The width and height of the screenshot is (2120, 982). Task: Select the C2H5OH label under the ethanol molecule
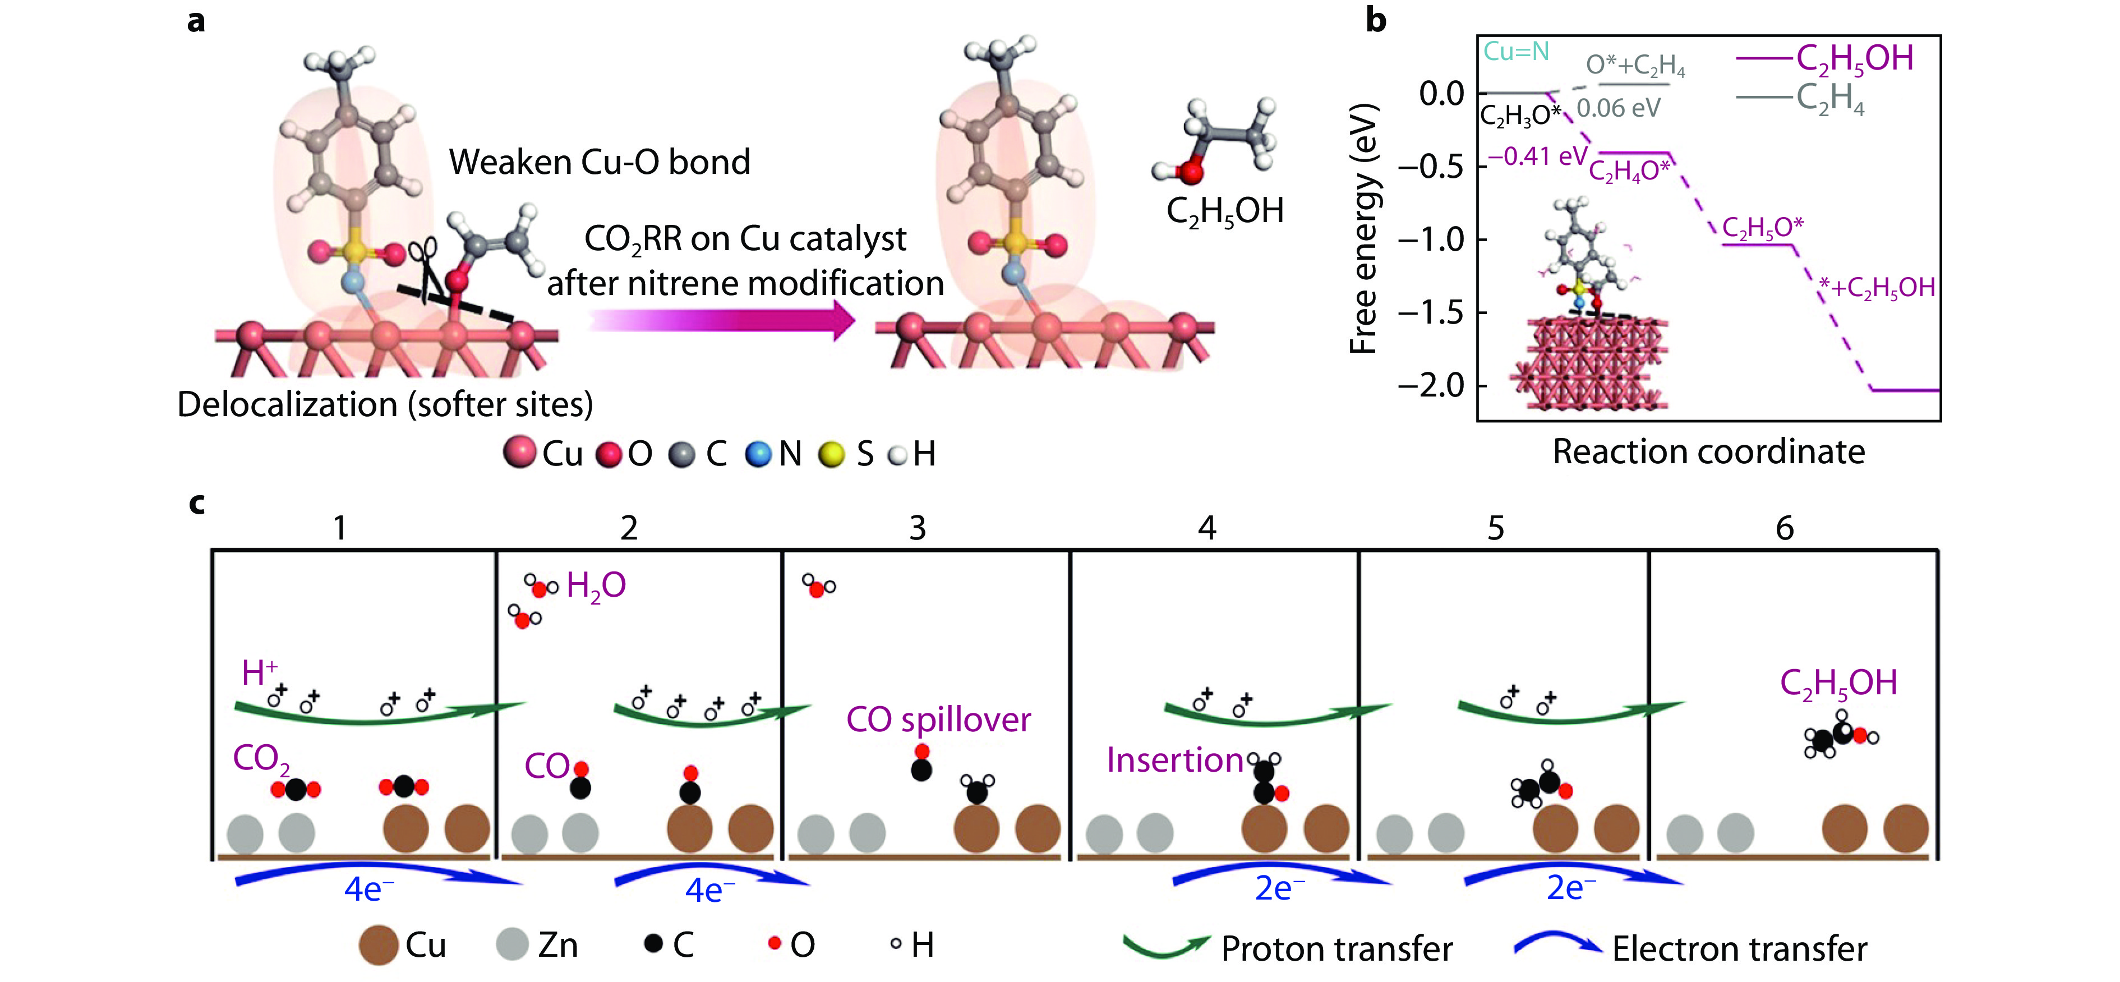pos(1224,211)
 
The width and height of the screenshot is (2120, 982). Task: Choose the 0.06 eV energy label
pos(1618,108)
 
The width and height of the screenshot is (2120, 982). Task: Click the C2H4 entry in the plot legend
pos(1829,98)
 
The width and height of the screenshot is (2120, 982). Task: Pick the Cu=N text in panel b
pos(1516,52)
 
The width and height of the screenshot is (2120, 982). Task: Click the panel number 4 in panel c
pos(1206,528)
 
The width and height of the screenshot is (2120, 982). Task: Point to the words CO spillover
pos(938,720)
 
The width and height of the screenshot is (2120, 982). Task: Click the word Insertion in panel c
pos(1174,760)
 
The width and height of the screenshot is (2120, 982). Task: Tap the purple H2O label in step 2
pos(596,586)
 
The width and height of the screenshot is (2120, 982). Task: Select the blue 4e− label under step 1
pos(368,889)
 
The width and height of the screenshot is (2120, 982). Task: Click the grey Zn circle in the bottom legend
pos(512,944)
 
